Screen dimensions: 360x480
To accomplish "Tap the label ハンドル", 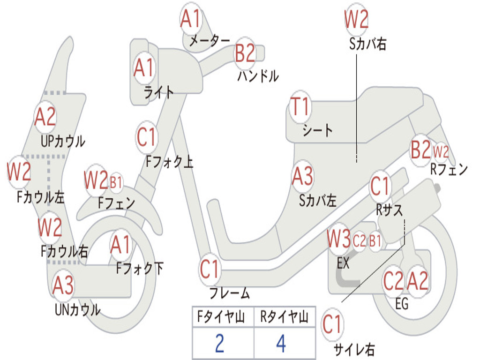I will click(x=258, y=75).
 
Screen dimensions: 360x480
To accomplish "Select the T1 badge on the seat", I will click(x=300, y=107).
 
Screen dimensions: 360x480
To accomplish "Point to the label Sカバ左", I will click(x=318, y=200).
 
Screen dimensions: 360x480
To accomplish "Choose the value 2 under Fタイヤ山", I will click(x=219, y=343).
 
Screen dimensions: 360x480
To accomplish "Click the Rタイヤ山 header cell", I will click(x=284, y=318).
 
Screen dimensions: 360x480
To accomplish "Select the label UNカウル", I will click(x=77, y=310).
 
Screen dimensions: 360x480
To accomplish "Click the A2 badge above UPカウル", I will click(x=45, y=117).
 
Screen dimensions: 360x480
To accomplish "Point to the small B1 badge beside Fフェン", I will click(x=116, y=182).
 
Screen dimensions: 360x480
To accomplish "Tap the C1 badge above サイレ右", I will click(x=332, y=324).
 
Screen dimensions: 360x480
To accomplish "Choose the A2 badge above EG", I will click(x=417, y=281).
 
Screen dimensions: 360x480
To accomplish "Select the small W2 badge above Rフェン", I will click(x=440, y=152).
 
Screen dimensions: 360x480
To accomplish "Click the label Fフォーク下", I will click(x=140, y=269).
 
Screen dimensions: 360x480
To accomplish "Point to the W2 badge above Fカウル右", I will click(x=50, y=228).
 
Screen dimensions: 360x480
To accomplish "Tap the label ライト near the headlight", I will click(x=159, y=92).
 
